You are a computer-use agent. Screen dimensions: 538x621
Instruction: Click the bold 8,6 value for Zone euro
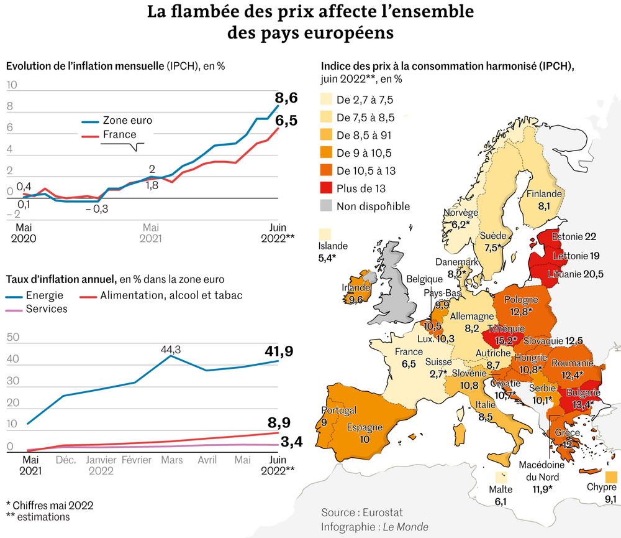pyautogui.click(x=286, y=98)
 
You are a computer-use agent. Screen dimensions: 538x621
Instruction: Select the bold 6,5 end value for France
pyautogui.click(x=286, y=120)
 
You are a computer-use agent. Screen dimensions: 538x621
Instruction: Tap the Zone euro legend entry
pyautogui.click(x=127, y=120)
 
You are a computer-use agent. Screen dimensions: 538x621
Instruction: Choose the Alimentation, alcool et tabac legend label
pyautogui.click(x=171, y=295)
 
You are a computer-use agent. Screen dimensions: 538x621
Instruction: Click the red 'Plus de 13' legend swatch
pyautogui.click(x=327, y=188)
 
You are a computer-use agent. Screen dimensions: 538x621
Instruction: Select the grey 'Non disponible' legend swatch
pyautogui.click(x=327, y=206)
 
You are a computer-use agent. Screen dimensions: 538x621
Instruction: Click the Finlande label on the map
pyautogui.click(x=544, y=193)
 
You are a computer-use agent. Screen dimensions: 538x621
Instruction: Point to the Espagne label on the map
pyautogui.click(x=365, y=428)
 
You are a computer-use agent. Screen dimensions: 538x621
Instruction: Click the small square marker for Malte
pyautogui.click(x=501, y=477)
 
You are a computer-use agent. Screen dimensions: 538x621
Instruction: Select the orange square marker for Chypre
pyautogui.click(x=610, y=477)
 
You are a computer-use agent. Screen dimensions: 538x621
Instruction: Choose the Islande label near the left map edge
pyautogui.click(x=332, y=246)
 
